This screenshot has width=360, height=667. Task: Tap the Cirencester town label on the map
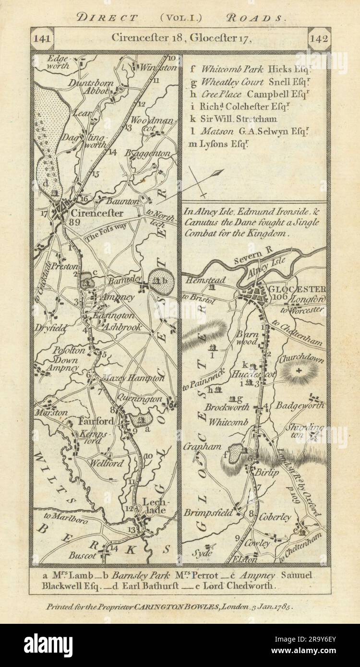(x=96, y=213)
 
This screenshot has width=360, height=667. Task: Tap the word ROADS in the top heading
(x=261, y=18)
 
